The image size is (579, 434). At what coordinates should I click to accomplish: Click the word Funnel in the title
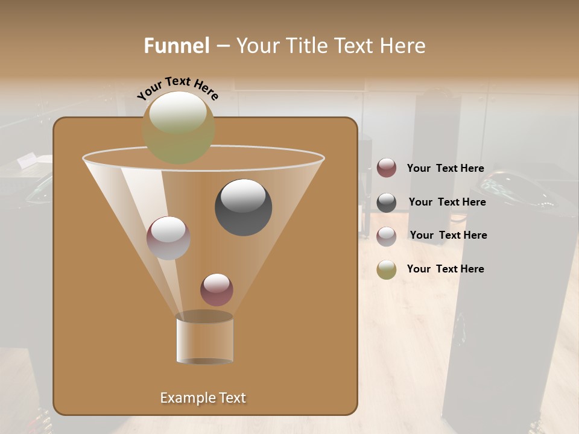177,46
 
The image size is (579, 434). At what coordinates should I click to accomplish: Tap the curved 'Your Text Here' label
178,88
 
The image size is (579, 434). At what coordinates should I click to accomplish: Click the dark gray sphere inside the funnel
244,207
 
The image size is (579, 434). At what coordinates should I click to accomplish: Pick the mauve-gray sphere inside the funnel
168,238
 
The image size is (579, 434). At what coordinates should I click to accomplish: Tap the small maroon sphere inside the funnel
217,290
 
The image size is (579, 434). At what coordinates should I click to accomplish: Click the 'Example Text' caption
203,398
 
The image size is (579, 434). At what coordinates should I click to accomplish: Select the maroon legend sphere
387,168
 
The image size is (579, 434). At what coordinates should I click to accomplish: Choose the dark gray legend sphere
387,203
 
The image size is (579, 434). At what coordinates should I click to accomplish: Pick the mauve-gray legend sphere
387,236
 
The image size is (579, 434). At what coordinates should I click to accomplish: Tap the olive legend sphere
387,269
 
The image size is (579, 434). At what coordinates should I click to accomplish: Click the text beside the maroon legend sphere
445,169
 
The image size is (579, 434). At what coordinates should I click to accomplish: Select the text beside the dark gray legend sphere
447,202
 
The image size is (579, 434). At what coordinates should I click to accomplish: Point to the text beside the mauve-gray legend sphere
448,235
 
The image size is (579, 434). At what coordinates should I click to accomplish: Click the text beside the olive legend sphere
445,269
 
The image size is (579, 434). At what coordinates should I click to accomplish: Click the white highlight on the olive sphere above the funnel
178,113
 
